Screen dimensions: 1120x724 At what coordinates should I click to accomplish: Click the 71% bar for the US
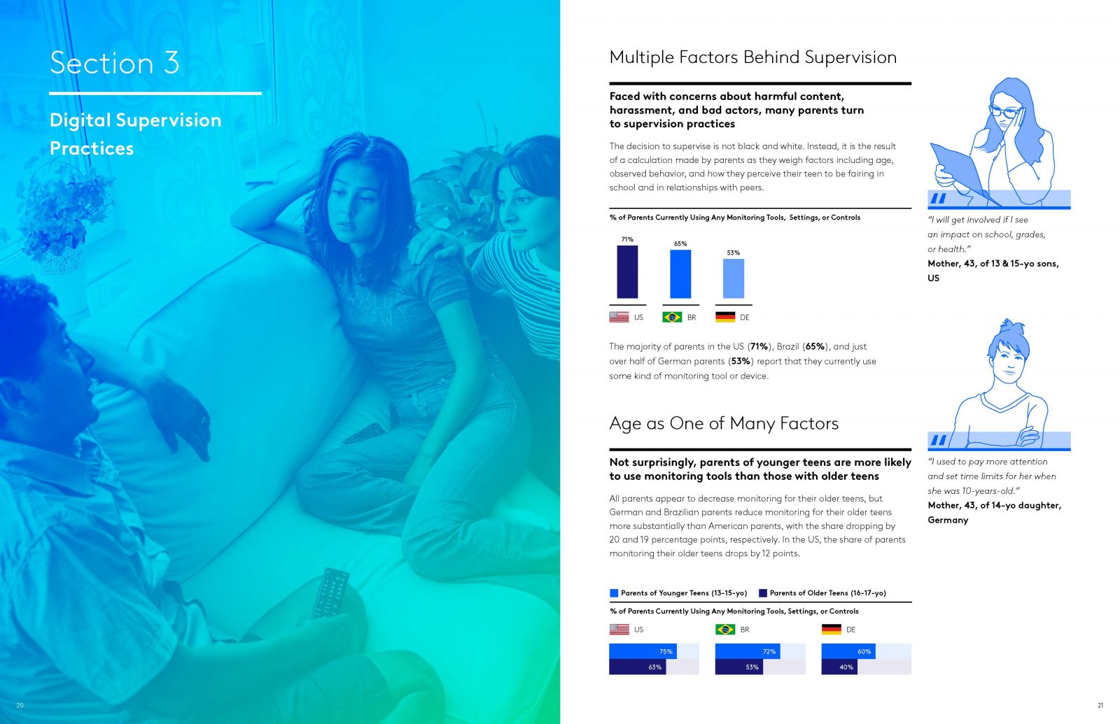pyautogui.click(x=627, y=272)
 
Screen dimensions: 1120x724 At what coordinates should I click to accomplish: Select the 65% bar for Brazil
pyautogui.click(x=680, y=274)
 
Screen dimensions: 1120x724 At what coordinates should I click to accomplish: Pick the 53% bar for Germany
pyautogui.click(x=733, y=279)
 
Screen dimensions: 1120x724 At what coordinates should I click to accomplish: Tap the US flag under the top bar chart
pyautogui.click(x=619, y=317)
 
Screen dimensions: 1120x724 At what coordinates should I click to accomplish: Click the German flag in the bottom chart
pyautogui.click(x=831, y=629)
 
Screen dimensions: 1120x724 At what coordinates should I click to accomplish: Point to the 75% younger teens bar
pyautogui.click(x=643, y=651)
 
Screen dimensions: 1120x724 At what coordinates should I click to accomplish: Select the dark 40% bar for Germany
pyautogui.click(x=839, y=667)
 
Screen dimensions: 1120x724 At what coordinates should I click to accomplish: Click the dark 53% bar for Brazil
pyautogui.click(x=739, y=667)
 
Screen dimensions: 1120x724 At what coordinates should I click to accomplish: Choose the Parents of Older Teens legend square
pyautogui.click(x=762, y=593)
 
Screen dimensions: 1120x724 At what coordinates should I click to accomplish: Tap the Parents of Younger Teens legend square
pyautogui.click(x=614, y=593)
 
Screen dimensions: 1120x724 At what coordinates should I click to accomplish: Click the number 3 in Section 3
pyautogui.click(x=171, y=63)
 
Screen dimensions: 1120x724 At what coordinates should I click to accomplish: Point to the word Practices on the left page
pyautogui.click(x=92, y=148)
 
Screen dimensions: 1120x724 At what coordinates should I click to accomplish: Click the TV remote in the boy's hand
pyautogui.click(x=330, y=594)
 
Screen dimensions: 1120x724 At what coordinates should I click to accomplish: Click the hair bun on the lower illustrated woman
pyautogui.click(x=1010, y=328)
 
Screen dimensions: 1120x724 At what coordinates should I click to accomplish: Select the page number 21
pyautogui.click(x=1100, y=706)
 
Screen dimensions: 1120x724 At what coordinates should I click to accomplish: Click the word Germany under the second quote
pyautogui.click(x=948, y=520)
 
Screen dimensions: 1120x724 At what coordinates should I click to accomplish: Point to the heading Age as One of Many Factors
pyautogui.click(x=724, y=423)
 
